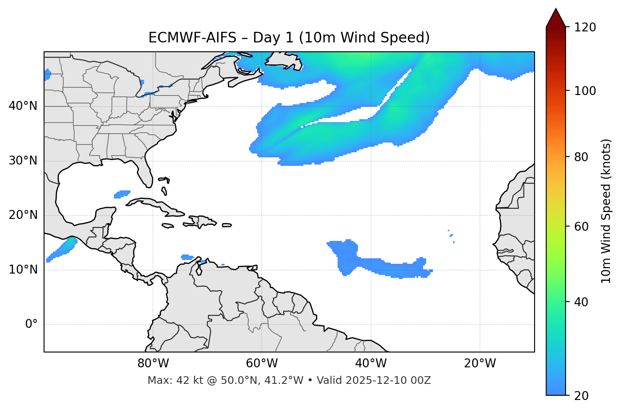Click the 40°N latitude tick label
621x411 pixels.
[x=23, y=106]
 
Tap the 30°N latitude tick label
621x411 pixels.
[x=23, y=161]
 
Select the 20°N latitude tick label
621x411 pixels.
[x=23, y=215]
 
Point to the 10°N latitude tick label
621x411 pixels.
[x=23, y=270]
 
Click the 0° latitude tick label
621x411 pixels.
[x=31, y=324]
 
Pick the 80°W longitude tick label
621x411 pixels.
[x=153, y=363]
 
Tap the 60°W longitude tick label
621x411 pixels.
[x=262, y=363]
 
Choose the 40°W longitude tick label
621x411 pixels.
[x=371, y=363]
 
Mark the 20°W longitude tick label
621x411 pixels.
[x=480, y=363]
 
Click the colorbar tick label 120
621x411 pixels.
[x=585, y=28]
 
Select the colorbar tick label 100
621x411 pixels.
[x=585, y=91]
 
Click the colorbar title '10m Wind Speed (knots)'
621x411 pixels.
[x=606, y=211]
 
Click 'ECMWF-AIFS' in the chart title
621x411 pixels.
[x=192, y=38]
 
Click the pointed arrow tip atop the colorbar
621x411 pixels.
[x=556, y=10]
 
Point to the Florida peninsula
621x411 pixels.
[x=145, y=172]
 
